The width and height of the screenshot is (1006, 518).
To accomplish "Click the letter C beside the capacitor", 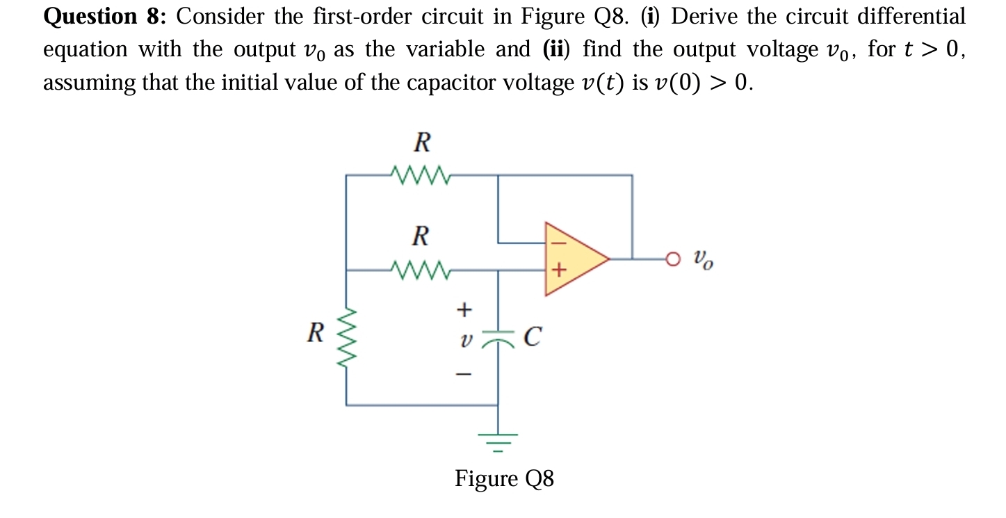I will click(531, 338).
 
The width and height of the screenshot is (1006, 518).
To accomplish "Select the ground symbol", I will click(498, 440).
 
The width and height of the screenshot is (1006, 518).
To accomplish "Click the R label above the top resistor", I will click(421, 143).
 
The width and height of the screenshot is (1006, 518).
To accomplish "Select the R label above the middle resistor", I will click(420, 236).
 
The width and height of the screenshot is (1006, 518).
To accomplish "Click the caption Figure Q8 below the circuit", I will click(504, 479).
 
